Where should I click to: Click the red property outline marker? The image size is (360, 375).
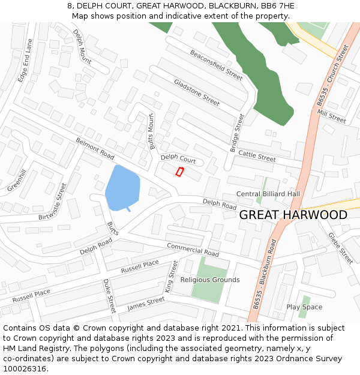coord(179,172)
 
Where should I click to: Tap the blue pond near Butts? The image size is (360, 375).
coord(122,188)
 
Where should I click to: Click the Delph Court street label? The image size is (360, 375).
coord(178,159)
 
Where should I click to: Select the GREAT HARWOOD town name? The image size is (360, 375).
coord(293,215)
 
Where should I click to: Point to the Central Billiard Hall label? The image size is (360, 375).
coord(268,194)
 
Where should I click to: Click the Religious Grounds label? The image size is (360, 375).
coord(210,280)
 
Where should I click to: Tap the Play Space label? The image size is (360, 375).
coord(304,307)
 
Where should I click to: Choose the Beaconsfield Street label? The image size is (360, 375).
coord(216,64)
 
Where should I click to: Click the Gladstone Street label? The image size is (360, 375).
coord(197,92)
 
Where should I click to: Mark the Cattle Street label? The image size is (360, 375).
coord(257,156)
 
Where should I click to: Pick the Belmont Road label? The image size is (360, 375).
coord(95,149)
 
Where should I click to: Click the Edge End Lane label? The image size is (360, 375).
coord(24,61)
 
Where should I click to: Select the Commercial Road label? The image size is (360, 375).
coord(193,250)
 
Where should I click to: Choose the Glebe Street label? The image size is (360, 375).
coord(340,248)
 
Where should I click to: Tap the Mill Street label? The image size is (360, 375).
coord(332,116)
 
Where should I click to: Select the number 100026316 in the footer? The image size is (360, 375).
coord(25,368)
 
